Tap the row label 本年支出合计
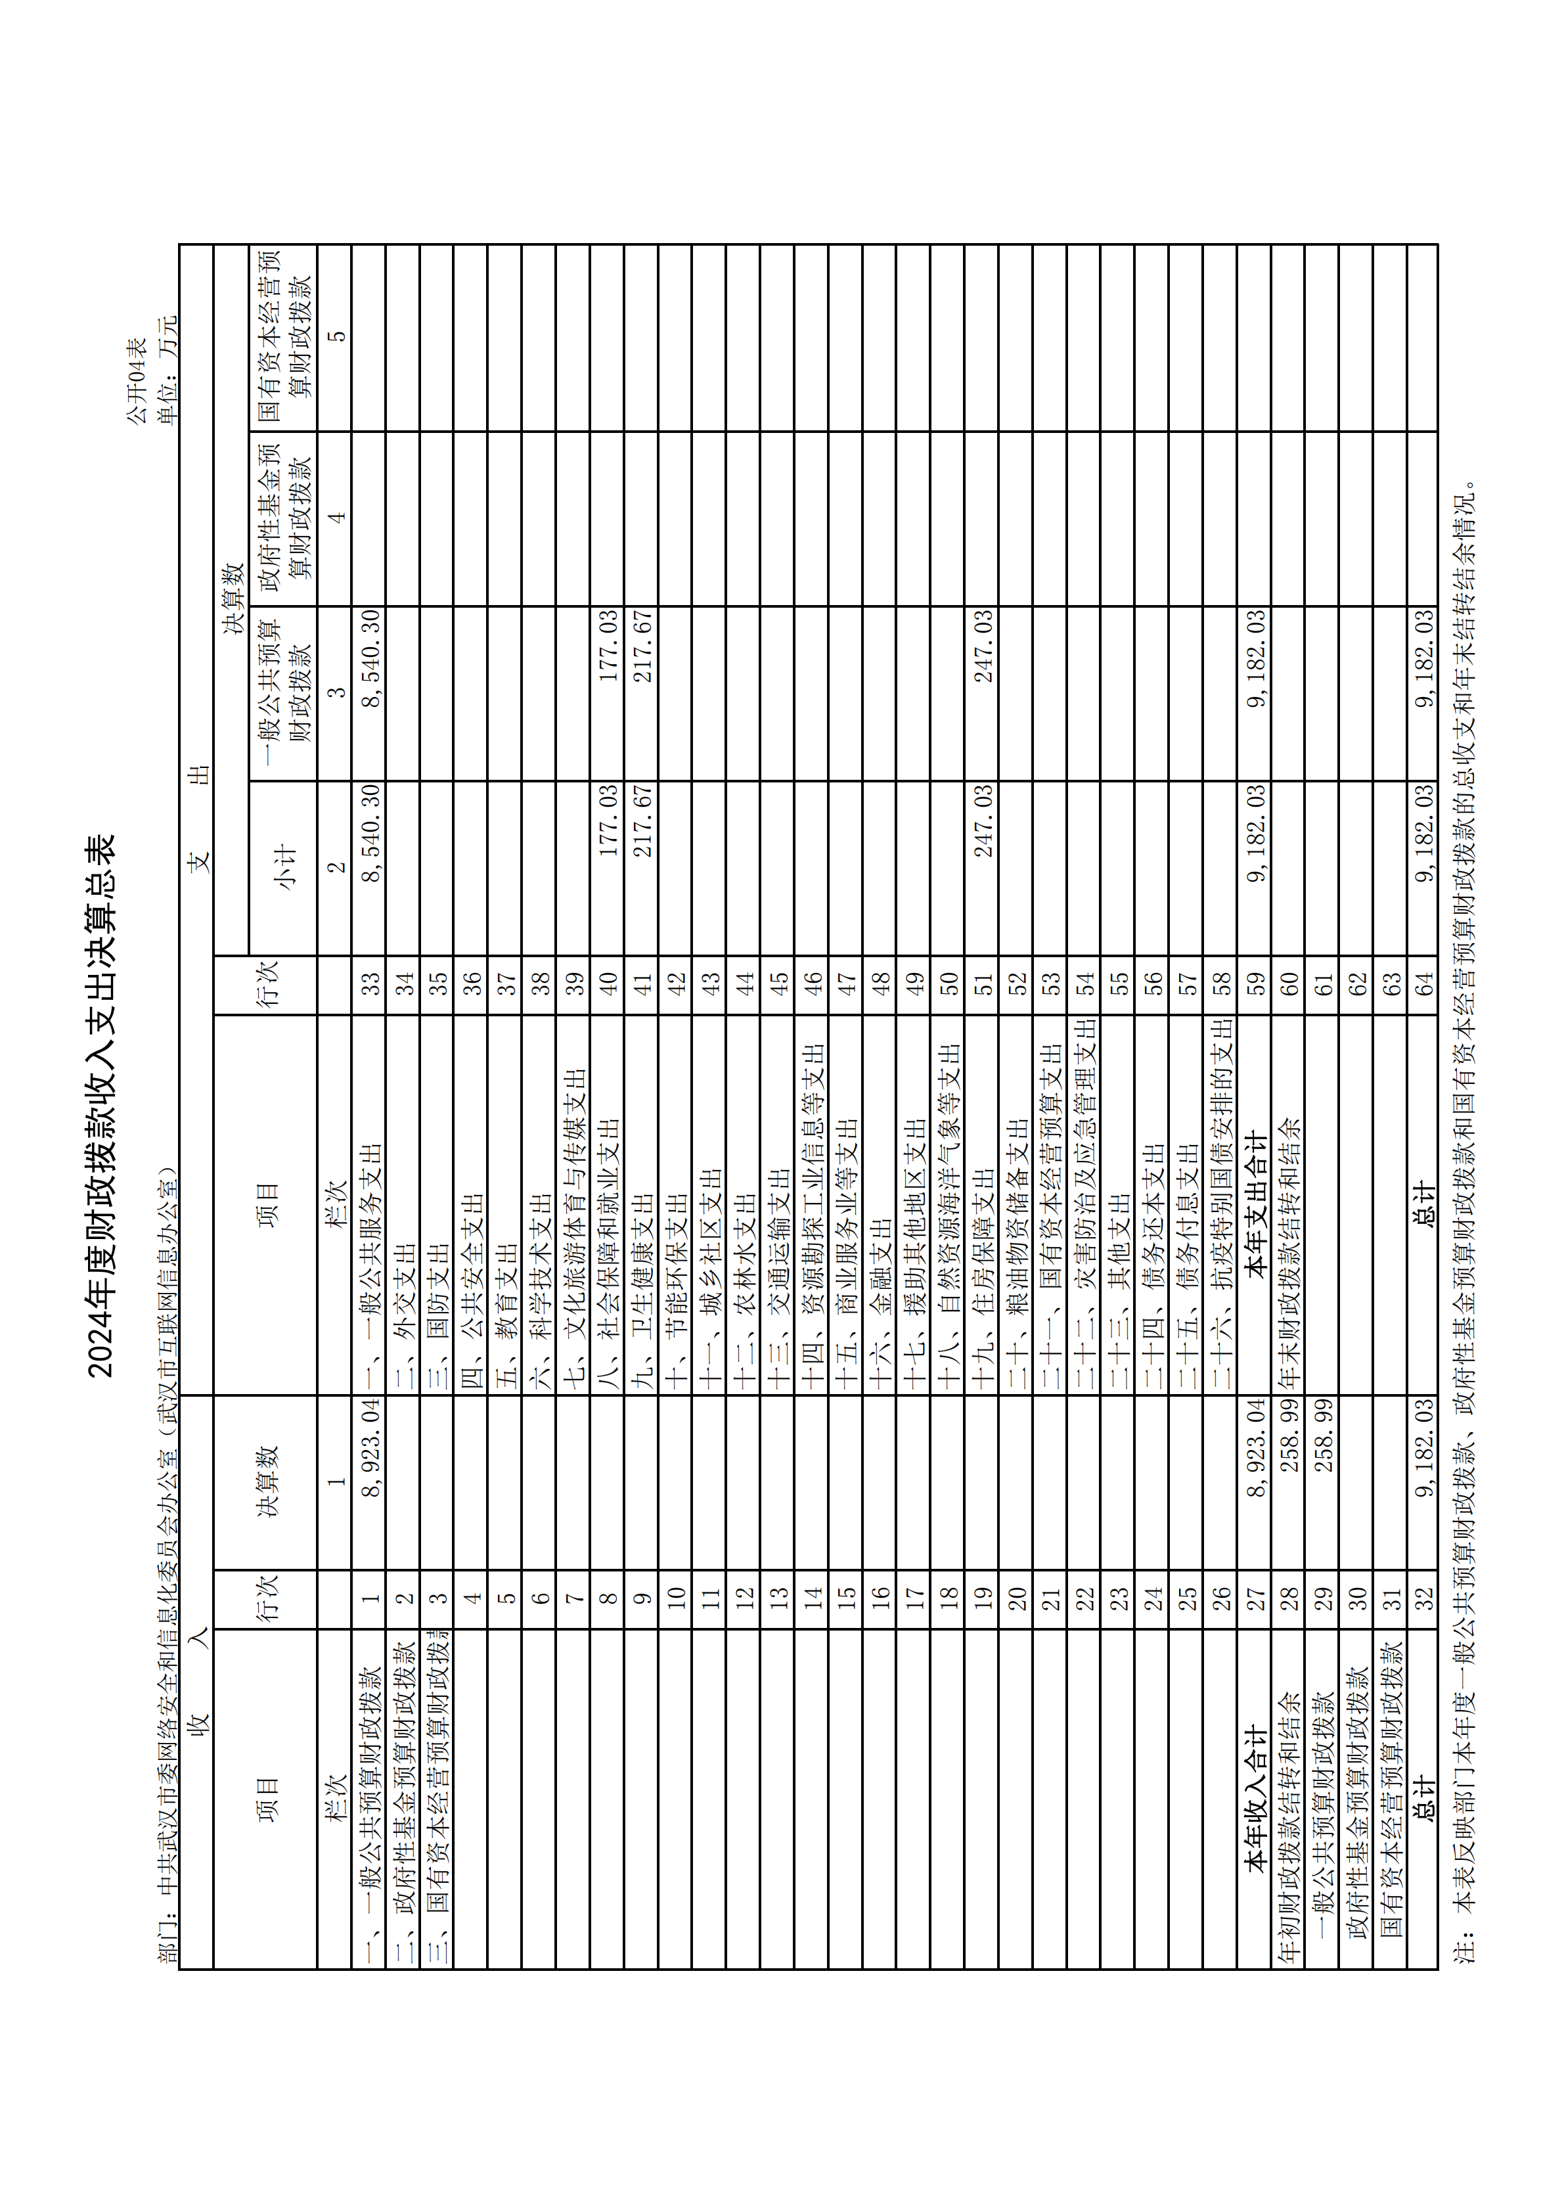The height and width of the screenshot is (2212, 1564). (1254, 1204)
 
